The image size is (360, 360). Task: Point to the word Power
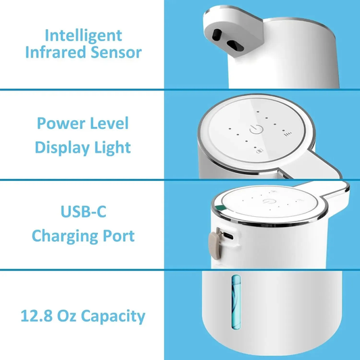tap(60, 124)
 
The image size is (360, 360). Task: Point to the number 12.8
tap(41, 315)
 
